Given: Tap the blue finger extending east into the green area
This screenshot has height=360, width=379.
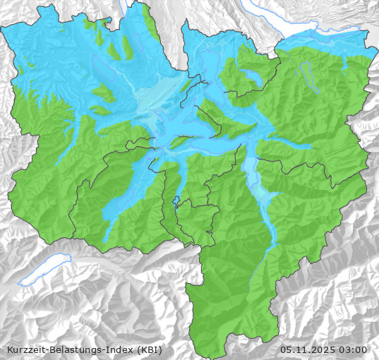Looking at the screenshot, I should click(296, 145).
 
